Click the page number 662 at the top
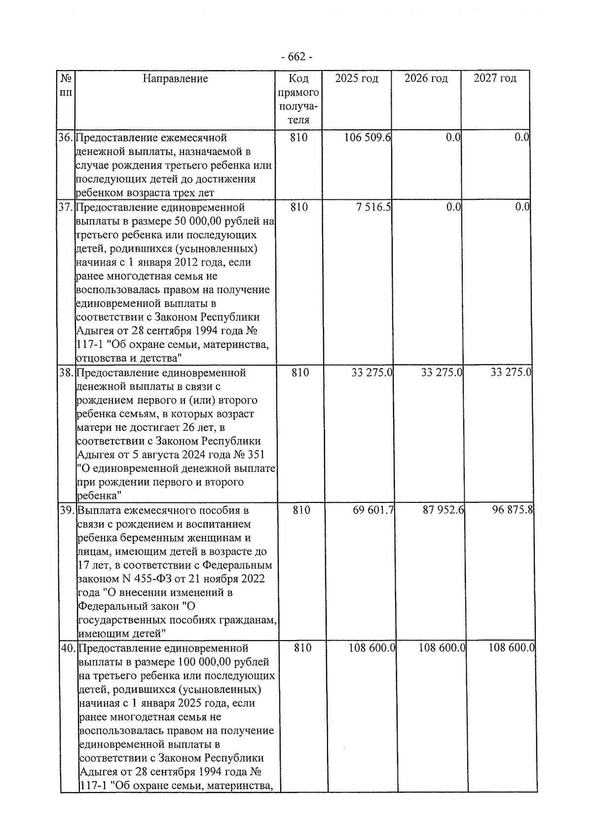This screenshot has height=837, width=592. tap(296, 57)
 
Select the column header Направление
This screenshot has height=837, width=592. tap(175, 78)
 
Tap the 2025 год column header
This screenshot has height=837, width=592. tap(356, 78)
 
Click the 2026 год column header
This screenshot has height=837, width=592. tap(426, 78)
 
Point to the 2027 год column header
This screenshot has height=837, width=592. tap(495, 78)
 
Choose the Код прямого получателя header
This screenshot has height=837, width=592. tap(298, 99)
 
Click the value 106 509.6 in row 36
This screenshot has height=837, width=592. tap(368, 137)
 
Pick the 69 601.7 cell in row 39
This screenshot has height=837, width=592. tap(373, 510)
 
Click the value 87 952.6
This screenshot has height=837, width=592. tap(443, 510)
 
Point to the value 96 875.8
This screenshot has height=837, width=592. tap(513, 510)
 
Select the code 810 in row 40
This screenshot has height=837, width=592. tap(302, 648)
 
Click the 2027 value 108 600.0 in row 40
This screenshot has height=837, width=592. tap(512, 648)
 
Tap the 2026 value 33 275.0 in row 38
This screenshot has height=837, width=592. tap(442, 373)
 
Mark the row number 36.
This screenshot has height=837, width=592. tap(65, 137)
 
